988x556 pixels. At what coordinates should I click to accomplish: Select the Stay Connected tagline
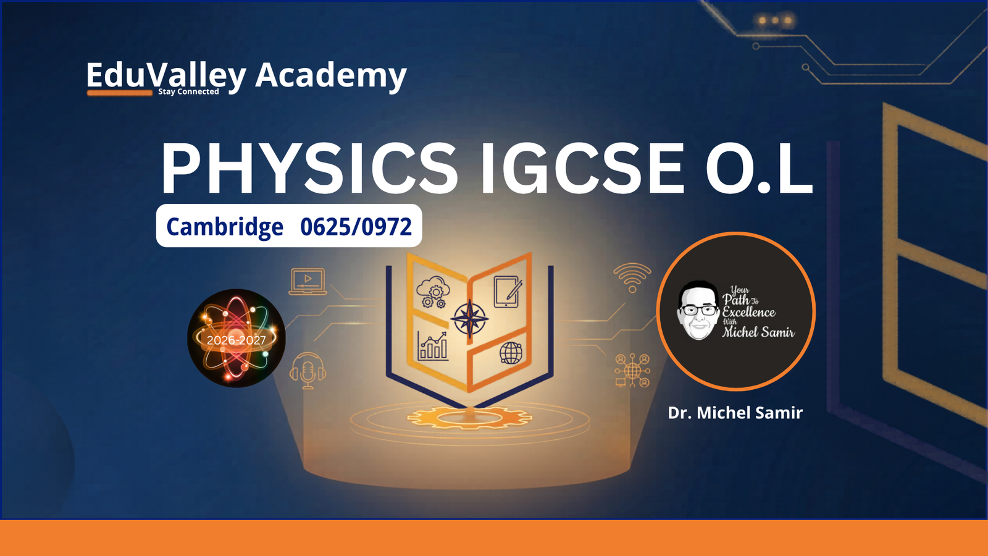[x=188, y=92]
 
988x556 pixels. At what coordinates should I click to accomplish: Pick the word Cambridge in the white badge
[x=225, y=227]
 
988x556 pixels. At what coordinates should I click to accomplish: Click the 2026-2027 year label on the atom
[x=237, y=340]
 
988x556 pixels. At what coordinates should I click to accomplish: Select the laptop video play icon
[x=308, y=281]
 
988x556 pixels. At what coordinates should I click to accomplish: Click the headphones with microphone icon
[x=308, y=371]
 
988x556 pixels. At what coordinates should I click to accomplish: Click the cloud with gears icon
[x=433, y=292]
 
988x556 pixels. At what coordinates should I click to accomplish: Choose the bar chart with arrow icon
[x=433, y=346]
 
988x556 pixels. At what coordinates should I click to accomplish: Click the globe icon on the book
[x=511, y=353]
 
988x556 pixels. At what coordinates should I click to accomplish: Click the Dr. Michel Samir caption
[x=735, y=413]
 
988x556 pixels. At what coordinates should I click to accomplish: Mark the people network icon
[x=632, y=370]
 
